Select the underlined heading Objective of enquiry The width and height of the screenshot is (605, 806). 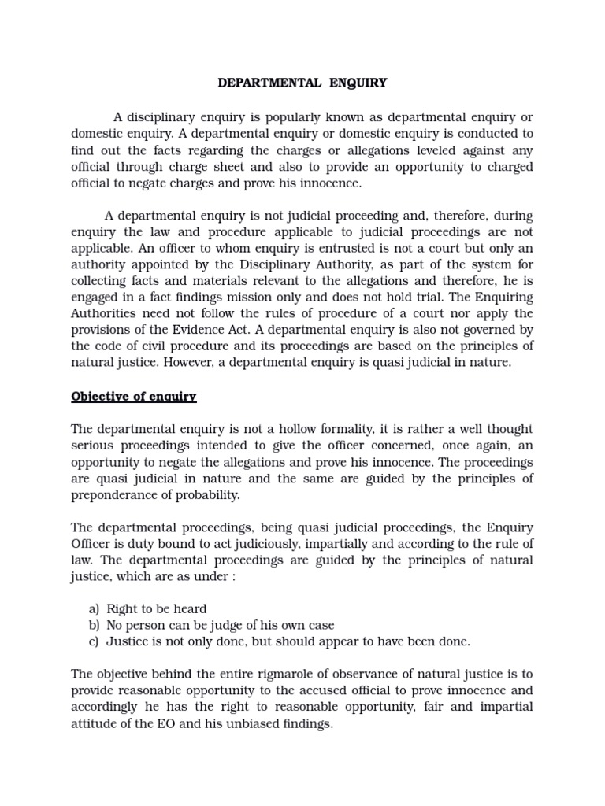[x=134, y=396]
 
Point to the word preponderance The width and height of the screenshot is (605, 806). [x=114, y=495]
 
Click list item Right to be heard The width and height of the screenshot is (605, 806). [x=157, y=608]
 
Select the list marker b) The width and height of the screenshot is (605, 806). [x=94, y=625]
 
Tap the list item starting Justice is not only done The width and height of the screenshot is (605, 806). [x=288, y=641]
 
